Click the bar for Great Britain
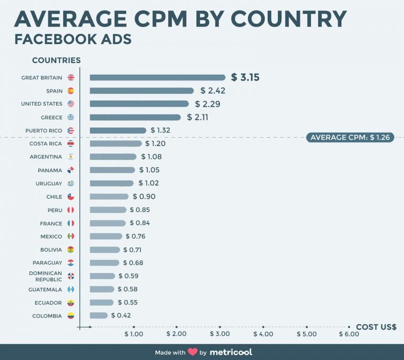157,78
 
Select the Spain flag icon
71,91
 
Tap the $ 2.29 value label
207,104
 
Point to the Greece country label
51,117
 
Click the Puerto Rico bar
118,130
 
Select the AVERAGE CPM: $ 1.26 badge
349,138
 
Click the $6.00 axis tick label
349,334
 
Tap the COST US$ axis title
376,327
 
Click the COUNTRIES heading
56,60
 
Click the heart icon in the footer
193,352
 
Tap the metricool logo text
231,352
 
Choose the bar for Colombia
99,315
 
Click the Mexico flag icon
71,236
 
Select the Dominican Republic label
46,276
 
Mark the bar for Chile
109,197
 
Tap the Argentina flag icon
71,157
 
